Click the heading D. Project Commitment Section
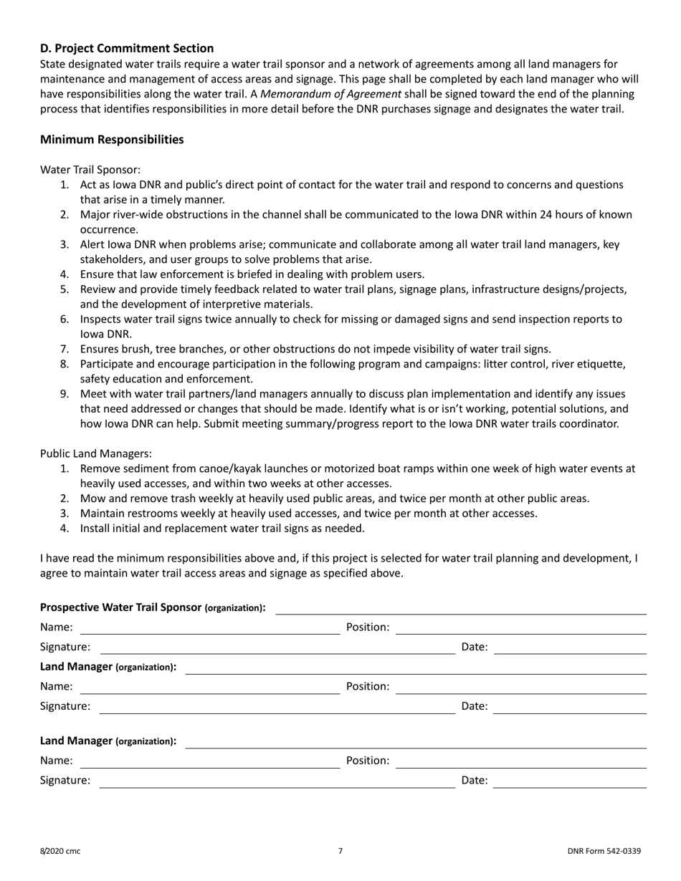[127, 48]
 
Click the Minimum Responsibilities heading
[112, 140]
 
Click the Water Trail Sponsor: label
[90, 170]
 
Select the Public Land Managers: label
[95, 453]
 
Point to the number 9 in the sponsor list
[65, 394]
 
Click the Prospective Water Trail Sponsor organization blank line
[461, 609]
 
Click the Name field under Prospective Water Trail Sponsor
[209, 629]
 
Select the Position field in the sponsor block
[521, 629]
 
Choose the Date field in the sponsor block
[571, 648]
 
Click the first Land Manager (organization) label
[108, 667]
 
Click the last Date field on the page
[571, 782]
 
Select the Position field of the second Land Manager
[521, 762]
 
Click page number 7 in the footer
[340, 851]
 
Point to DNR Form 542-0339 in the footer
[604, 851]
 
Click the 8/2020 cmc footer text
[60, 851]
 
